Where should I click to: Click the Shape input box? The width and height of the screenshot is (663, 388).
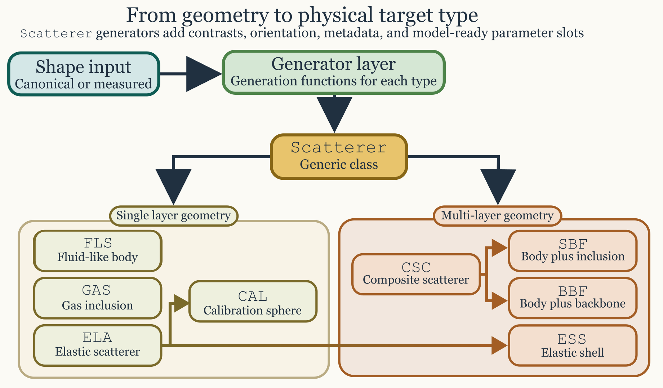[84, 74]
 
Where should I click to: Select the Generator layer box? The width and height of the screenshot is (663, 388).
[334, 72]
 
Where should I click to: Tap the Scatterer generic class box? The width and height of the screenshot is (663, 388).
[339, 156]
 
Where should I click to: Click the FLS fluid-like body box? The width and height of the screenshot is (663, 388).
[98, 251]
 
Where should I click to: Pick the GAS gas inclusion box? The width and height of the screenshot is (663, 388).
[98, 298]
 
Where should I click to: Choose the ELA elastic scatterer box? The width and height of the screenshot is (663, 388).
[98, 345]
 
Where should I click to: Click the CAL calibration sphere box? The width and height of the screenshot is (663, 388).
[253, 301]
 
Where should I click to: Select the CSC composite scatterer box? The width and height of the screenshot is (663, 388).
[416, 274]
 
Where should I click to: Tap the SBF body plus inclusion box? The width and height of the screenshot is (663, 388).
[573, 251]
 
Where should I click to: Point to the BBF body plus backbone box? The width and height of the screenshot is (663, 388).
[573, 298]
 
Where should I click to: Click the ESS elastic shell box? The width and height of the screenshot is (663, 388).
[573, 345]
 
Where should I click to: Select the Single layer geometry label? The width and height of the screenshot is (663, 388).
[173, 216]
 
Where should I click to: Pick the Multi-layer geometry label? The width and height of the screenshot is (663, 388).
[497, 216]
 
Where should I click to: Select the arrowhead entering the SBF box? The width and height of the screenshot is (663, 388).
[499, 247]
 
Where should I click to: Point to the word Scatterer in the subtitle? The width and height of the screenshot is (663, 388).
[56, 34]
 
